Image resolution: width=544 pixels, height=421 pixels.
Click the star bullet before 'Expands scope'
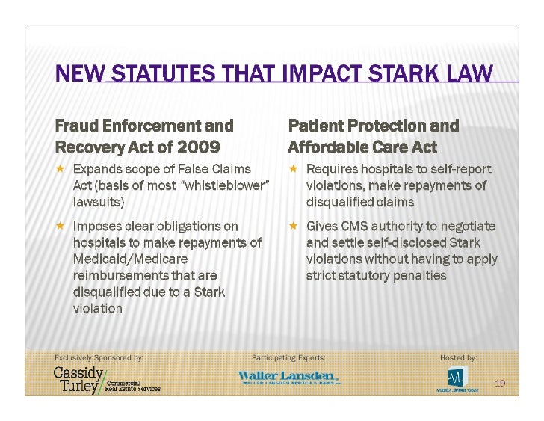click(61, 169)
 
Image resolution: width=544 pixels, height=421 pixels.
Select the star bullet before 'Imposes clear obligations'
click(61, 225)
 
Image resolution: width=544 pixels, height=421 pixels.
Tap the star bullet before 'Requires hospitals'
click(294, 169)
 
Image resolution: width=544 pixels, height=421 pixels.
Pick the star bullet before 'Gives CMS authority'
click(294, 225)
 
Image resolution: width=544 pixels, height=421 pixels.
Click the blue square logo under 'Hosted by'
click(457, 376)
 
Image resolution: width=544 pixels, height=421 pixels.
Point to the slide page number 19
click(501, 384)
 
